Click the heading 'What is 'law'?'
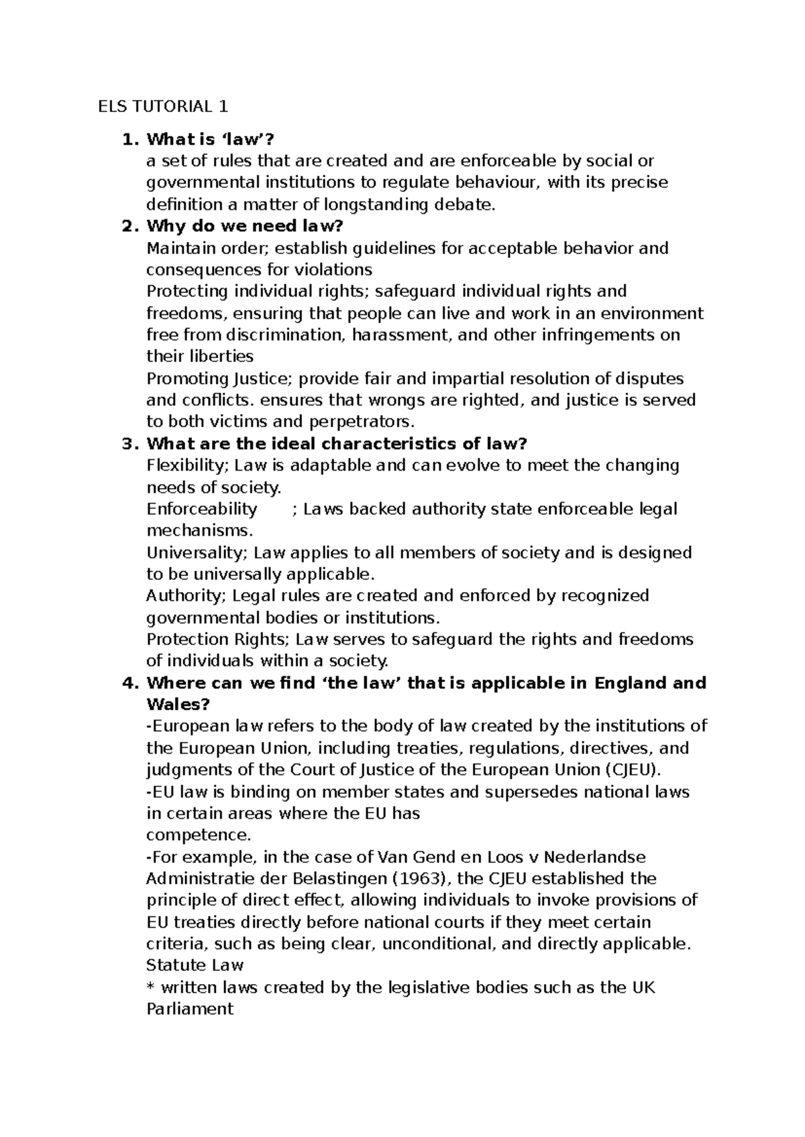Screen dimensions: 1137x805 coord(211,139)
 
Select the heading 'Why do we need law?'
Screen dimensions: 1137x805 coord(244,226)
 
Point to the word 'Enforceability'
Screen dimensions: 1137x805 coord(201,509)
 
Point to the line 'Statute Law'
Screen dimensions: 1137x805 coord(195,965)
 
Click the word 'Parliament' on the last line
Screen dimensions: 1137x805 coord(190,1009)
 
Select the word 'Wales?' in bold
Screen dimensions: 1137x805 coord(178,705)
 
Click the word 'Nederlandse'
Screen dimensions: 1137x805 coord(594,857)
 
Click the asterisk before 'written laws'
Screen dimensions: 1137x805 coord(150,988)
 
